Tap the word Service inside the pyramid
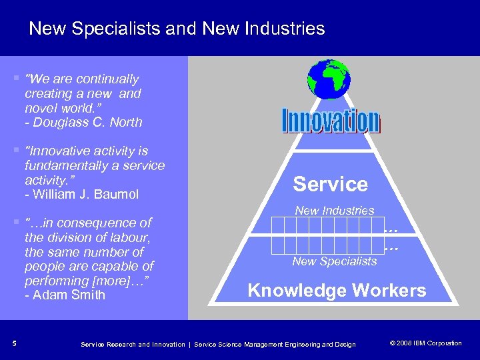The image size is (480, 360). click(x=331, y=184)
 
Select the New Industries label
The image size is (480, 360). click(x=335, y=211)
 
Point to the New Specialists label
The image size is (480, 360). click(x=334, y=261)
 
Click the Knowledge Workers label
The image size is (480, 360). click(x=337, y=291)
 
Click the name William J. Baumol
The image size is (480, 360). click(x=83, y=195)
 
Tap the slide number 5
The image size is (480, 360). click(x=14, y=343)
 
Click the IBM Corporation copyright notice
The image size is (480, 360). click(x=425, y=343)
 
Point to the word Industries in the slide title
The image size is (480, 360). click(x=287, y=29)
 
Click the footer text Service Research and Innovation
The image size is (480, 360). click(x=132, y=344)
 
